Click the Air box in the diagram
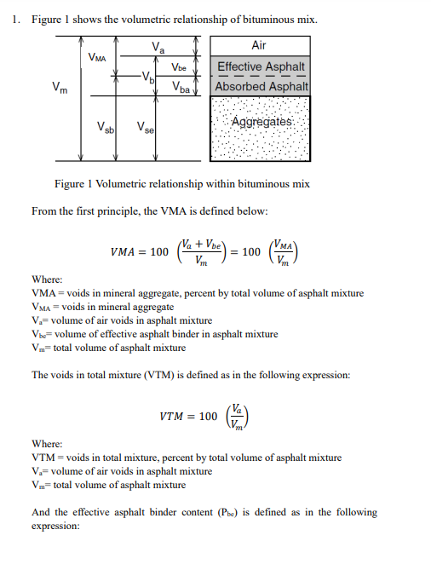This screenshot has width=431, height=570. click(x=259, y=44)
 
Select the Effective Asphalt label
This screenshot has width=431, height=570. click(x=260, y=66)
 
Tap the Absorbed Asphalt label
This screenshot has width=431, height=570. click(x=260, y=87)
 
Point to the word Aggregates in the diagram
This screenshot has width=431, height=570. click(x=260, y=123)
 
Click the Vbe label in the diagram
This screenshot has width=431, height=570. click(x=179, y=66)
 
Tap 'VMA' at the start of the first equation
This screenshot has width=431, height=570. click(x=127, y=254)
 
